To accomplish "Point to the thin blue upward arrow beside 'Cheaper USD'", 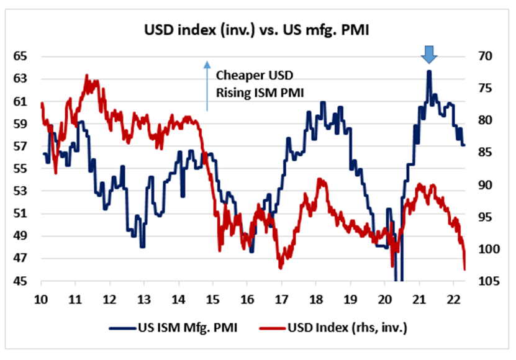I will click(x=207, y=85).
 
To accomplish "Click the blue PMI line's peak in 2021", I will click(x=429, y=71).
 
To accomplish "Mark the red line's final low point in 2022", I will click(x=465, y=269).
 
